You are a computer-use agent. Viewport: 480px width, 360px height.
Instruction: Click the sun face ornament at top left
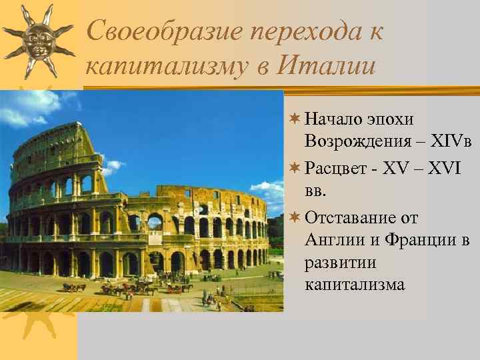click(x=37, y=39)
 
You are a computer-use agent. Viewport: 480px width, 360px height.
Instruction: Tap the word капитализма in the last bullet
click(x=355, y=284)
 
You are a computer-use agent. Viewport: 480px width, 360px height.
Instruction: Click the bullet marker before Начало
click(x=296, y=119)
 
